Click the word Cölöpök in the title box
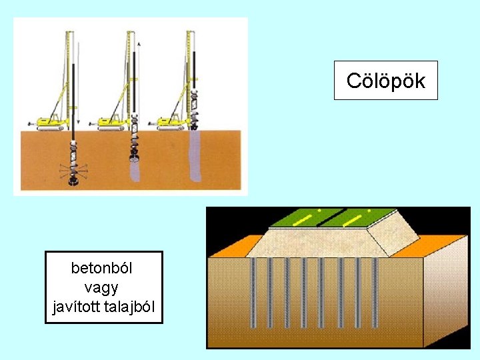coord(385,81)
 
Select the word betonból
coord(102,268)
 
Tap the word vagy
coord(102,287)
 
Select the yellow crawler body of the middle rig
coord(113,122)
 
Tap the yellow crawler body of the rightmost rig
coord(172,122)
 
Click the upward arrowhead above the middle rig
coord(139,43)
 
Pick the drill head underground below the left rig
coord(73,175)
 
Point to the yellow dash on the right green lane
coord(351,219)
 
